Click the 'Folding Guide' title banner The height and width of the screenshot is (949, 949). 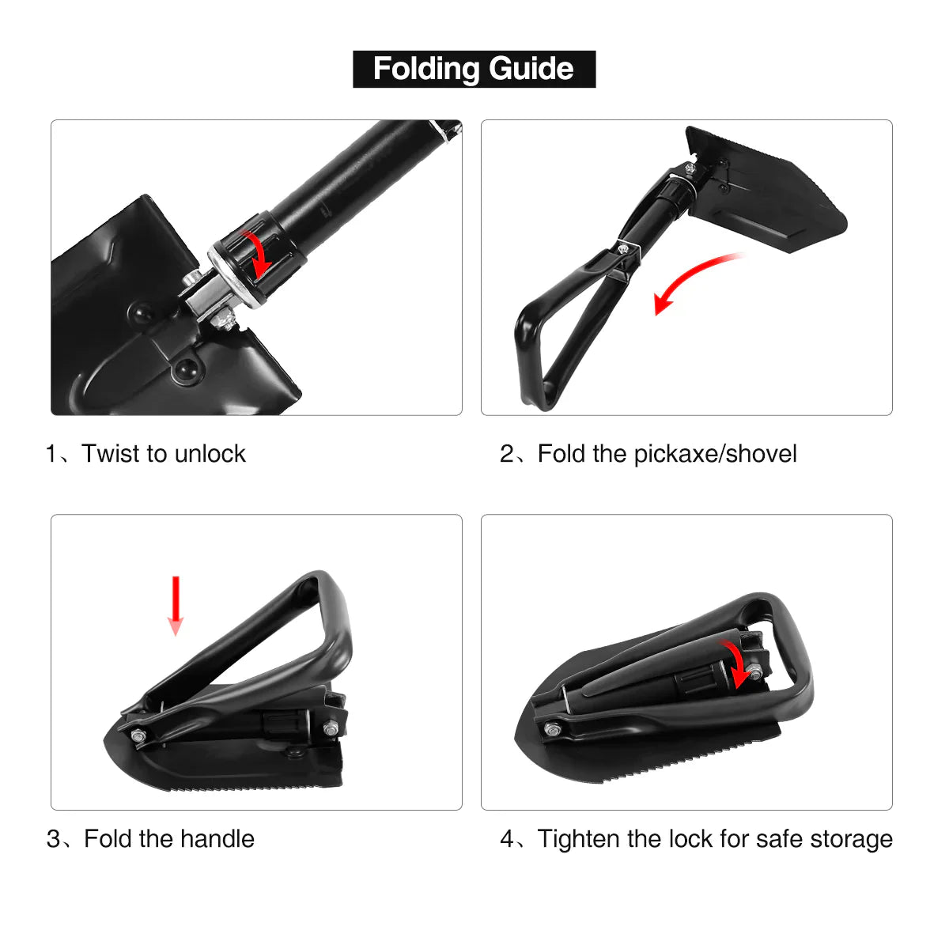click(474, 69)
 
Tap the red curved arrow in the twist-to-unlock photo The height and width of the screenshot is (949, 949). click(258, 251)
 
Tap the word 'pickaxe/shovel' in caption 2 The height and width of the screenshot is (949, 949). click(715, 454)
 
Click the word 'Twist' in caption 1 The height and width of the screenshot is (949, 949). click(111, 454)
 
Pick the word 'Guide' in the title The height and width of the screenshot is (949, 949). click(531, 69)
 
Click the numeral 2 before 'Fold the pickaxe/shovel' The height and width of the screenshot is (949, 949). click(507, 454)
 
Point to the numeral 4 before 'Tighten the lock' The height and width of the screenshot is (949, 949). click(507, 838)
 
